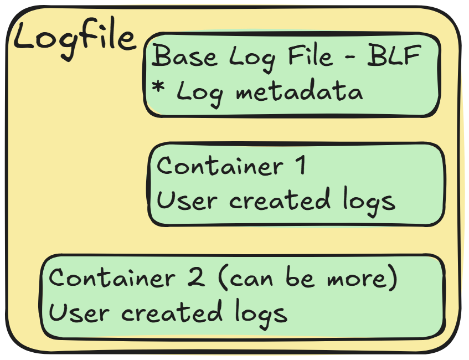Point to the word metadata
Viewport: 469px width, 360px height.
pos(300,91)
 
